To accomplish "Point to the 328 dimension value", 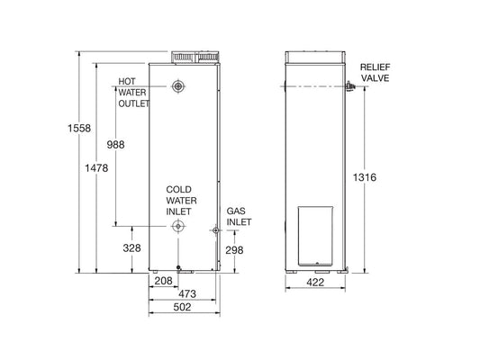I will click(131, 247).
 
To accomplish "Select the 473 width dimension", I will click(186, 294).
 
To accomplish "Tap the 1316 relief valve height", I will click(365, 177).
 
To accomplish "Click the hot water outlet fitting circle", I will click(179, 86).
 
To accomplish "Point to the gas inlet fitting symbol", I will click(216, 231).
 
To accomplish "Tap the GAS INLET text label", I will click(238, 215).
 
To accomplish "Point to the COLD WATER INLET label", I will click(179, 200).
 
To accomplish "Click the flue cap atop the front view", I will click(195, 56).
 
